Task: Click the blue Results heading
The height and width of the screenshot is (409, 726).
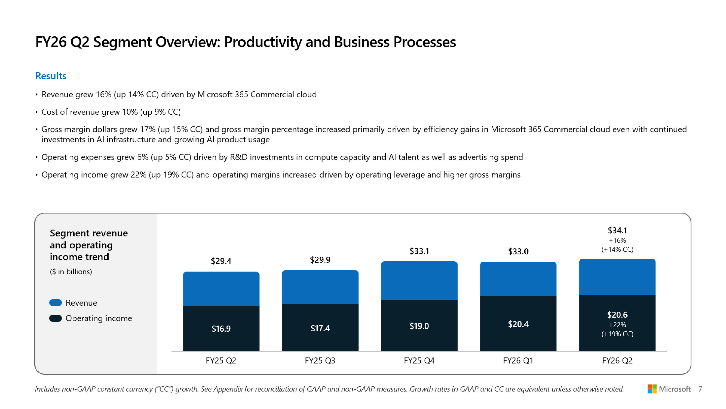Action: (51, 76)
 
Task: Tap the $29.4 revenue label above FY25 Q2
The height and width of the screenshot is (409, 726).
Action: (221, 261)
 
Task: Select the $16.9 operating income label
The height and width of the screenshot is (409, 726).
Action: (221, 329)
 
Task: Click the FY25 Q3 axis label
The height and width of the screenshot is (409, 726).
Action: (320, 360)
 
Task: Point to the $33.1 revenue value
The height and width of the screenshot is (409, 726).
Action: (419, 251)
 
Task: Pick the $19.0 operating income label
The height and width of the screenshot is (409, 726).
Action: (419, 326)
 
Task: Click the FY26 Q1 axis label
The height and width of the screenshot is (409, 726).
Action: (518, 360)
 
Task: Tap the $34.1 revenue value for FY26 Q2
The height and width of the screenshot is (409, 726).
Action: (617, 230)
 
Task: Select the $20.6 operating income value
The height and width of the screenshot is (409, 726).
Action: (617, 314)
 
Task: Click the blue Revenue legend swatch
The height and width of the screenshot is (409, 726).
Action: (56, 303)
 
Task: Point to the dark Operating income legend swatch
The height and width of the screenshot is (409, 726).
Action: (56, 318)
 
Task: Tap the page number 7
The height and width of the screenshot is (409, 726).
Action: (700, 389)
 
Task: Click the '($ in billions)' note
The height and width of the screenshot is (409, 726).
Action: (71, 272)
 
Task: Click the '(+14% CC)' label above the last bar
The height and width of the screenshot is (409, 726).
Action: (617, 249)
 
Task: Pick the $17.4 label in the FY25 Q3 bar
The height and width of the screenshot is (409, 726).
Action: (320, 328)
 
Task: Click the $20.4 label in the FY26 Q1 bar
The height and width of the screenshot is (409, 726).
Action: (518, 324)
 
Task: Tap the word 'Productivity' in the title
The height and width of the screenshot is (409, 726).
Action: (262, 42)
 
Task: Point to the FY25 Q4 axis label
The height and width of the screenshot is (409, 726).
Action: (419, 360)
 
